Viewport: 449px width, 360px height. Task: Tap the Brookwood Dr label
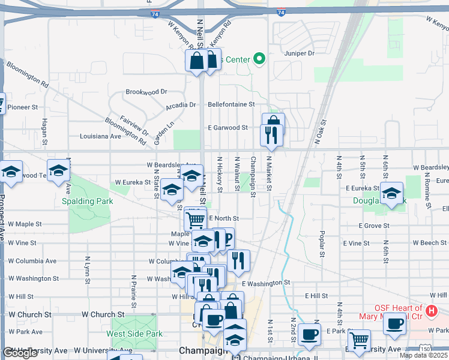[146, 92]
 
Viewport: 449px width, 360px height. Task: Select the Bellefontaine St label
[231, 104]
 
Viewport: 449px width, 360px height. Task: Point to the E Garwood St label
[228, 128]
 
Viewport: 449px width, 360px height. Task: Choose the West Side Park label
[134, 334]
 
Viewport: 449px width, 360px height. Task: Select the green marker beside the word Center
[259, 59]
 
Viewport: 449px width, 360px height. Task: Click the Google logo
[20, 353]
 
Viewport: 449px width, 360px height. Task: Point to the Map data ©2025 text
[423, 355]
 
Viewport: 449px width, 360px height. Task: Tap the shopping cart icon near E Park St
[359, 340]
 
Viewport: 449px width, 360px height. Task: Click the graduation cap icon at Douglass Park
[392, 193]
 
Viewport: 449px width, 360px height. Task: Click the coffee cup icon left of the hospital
[395, 324]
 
